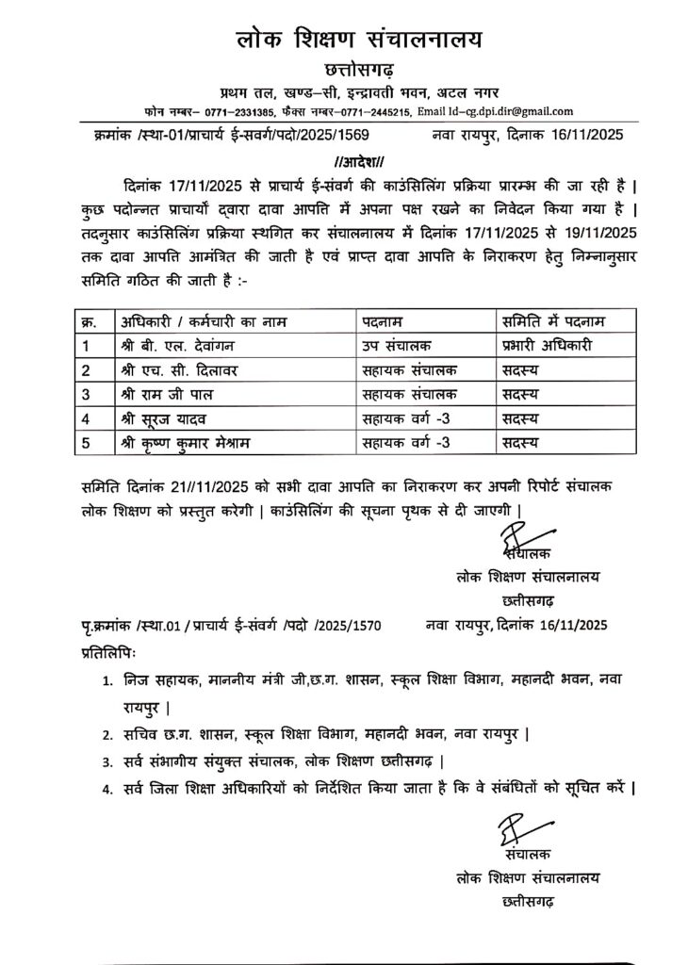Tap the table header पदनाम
pos(387,321)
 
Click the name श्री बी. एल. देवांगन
pos(180,345)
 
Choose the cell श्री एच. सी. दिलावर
pos(179,370)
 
